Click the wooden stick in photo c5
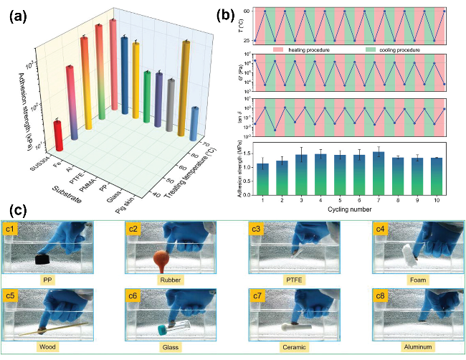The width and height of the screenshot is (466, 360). coord(54,331)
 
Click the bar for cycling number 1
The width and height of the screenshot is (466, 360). coord(263,179)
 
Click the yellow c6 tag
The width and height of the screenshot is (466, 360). coord(133,295)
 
